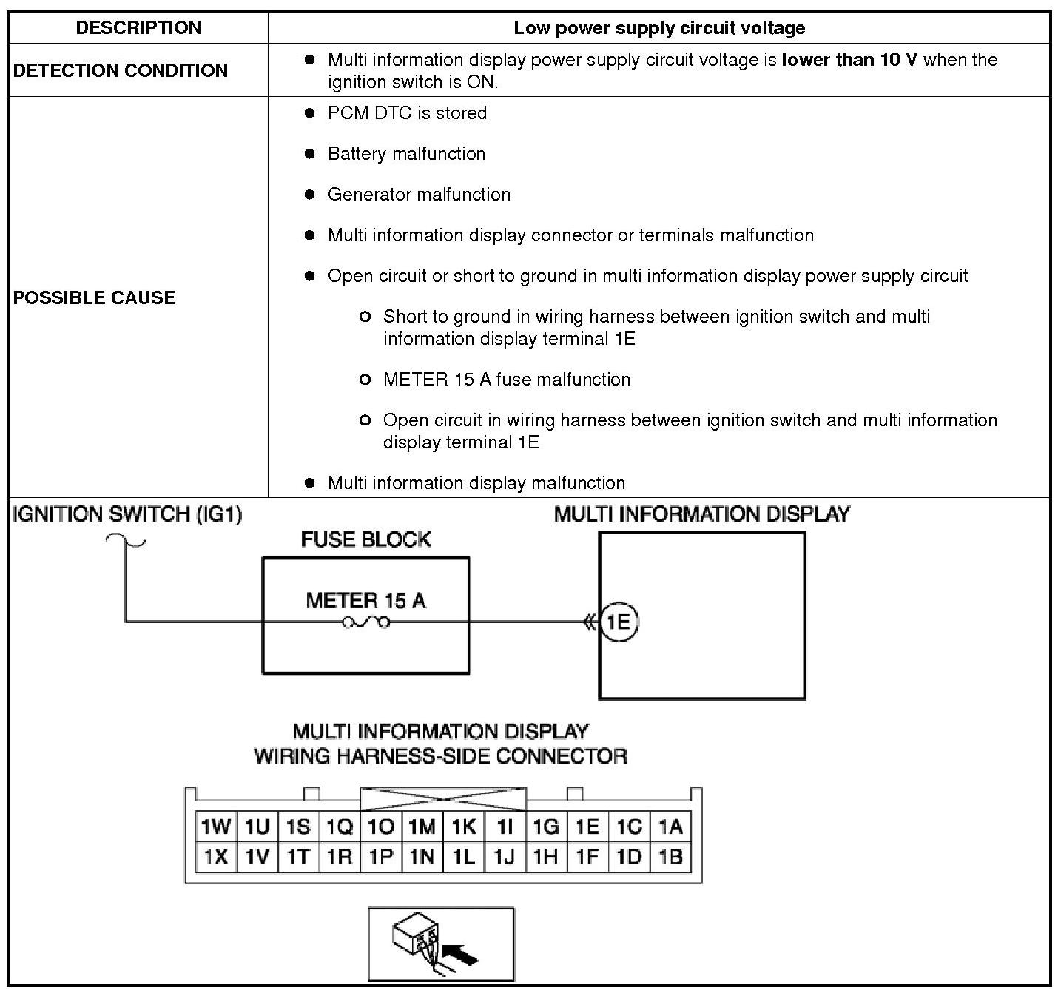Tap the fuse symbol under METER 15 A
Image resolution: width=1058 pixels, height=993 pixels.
(x=365, y=623)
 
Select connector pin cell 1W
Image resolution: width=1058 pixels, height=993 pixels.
(x=216, y=827)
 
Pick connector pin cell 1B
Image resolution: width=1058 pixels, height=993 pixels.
(x=670, y=857)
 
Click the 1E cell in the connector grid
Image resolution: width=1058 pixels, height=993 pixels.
(x=587, y=827)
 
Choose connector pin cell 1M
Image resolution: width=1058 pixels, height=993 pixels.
(x=422, y=827)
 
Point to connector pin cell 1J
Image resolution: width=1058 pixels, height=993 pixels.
(x=505, y=857)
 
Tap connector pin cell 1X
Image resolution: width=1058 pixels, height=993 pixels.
(x=216, y=857)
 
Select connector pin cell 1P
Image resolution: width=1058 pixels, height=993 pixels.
(x=381, y=857)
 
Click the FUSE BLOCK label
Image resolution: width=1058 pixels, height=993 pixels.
(x=365, y=539)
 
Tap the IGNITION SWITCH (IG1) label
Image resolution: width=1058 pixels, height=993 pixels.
(x=127, y=514)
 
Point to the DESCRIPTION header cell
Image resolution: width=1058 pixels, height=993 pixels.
(x=138, y=28)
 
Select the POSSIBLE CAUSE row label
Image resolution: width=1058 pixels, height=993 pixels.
(x=95, y=297)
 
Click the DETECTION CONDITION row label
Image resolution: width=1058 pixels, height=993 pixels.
(x=121, y=70)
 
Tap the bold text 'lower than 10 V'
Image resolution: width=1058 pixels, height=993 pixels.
(x=849, y=60)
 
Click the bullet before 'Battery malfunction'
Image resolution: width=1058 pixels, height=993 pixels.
(x=310, y=154)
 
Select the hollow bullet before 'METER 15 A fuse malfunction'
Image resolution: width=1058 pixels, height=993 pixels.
(x=364, y=380)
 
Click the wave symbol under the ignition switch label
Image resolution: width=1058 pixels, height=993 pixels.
(x=126, y=541)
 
